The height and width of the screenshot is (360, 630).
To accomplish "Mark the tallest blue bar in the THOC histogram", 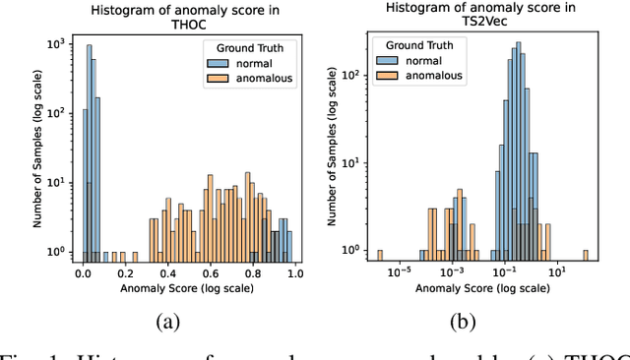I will [90, 148].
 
